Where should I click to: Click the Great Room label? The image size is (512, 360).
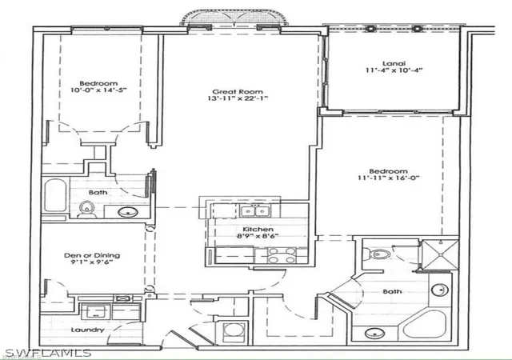tap(238, 92)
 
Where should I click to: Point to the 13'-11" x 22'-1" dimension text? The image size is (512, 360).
tap(238, 98)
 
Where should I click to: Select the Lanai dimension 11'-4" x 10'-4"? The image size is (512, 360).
tap(394, 70)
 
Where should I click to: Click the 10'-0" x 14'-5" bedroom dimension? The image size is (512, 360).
tap(98, 90)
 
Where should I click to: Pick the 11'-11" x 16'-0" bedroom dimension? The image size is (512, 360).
tap(388, 178)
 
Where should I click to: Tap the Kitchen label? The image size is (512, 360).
tap(258, 230)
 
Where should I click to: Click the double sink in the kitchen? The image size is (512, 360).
tap(254, 210)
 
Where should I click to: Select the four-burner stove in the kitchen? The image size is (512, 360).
tap(282, 255)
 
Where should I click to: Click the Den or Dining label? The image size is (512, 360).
tap(92, 255)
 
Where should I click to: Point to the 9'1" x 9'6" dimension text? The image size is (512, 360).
tap(93, 262)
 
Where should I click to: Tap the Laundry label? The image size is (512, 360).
tap(87, 330)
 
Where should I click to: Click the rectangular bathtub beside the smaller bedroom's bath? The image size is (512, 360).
tap(55, 194)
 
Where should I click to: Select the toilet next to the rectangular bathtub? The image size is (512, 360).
tap(87, 210)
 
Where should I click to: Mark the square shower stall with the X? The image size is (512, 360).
tap(441, 254)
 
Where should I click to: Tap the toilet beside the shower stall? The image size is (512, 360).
tap(377, 254)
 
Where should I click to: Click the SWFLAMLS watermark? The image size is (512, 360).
tap(48, 353)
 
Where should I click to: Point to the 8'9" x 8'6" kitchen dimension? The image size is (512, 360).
tap(258, 236)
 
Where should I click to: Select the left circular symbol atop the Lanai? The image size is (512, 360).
tap(370, 29)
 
